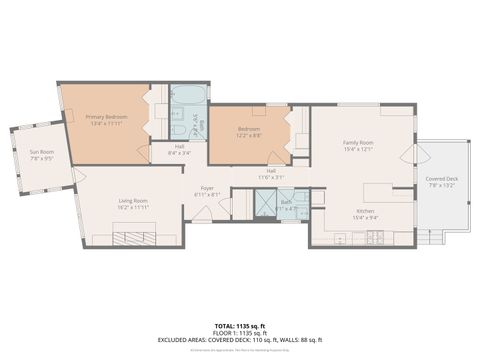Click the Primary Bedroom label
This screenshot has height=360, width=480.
tap(104, 120)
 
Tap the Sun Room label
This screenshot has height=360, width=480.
tap(41, 154)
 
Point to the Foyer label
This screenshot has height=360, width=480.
tap(207, 190)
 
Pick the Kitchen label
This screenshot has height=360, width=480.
tap(365, 214)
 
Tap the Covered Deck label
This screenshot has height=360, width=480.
tap(441, 181)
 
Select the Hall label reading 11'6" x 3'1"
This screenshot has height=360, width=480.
tap(271, 173)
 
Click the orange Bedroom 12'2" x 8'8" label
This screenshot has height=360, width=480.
tap(249, 132)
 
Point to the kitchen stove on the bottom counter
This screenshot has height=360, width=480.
tap(377, 238)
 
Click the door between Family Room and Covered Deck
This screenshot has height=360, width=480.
tap(411, 155)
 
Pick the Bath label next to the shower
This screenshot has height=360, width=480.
tap(286, 204)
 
